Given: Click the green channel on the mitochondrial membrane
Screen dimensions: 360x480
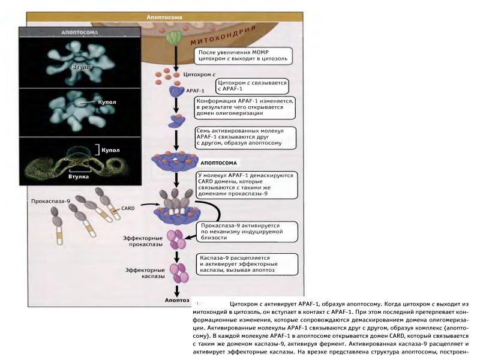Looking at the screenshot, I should [x=173, y=38].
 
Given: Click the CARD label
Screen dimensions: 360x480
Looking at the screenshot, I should [x=128, y=208].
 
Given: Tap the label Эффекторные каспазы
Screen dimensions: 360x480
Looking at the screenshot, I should [x=143, y=274].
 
